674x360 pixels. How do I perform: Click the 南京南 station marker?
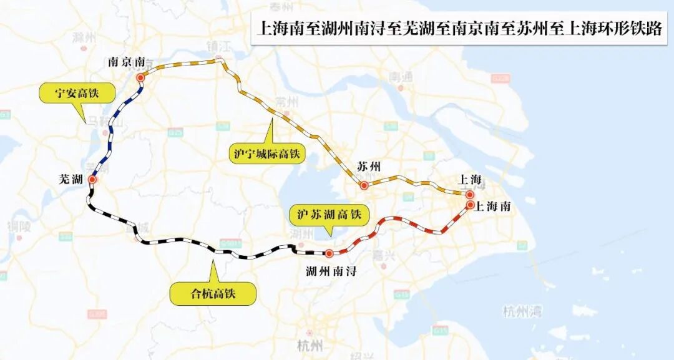(x=140, y=77)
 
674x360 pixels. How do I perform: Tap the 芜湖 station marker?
(x=92, y=180)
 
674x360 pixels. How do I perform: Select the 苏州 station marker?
(x=364, y=185)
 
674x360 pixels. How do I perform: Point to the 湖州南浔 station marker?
(x=329, y=254)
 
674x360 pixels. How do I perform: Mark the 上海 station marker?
(x=470, y=194)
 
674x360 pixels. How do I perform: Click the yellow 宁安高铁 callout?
(x=77, y=94)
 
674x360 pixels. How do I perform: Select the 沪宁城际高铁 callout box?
(x=266, y=153)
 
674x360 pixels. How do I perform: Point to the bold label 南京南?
(x=127, y=62)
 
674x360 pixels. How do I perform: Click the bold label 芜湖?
(x=71, y=180)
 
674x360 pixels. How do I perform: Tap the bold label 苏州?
(x=368, y=167)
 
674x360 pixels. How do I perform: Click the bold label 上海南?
(x=493, y=207)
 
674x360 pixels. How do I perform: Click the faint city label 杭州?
(x=310, y=345)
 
